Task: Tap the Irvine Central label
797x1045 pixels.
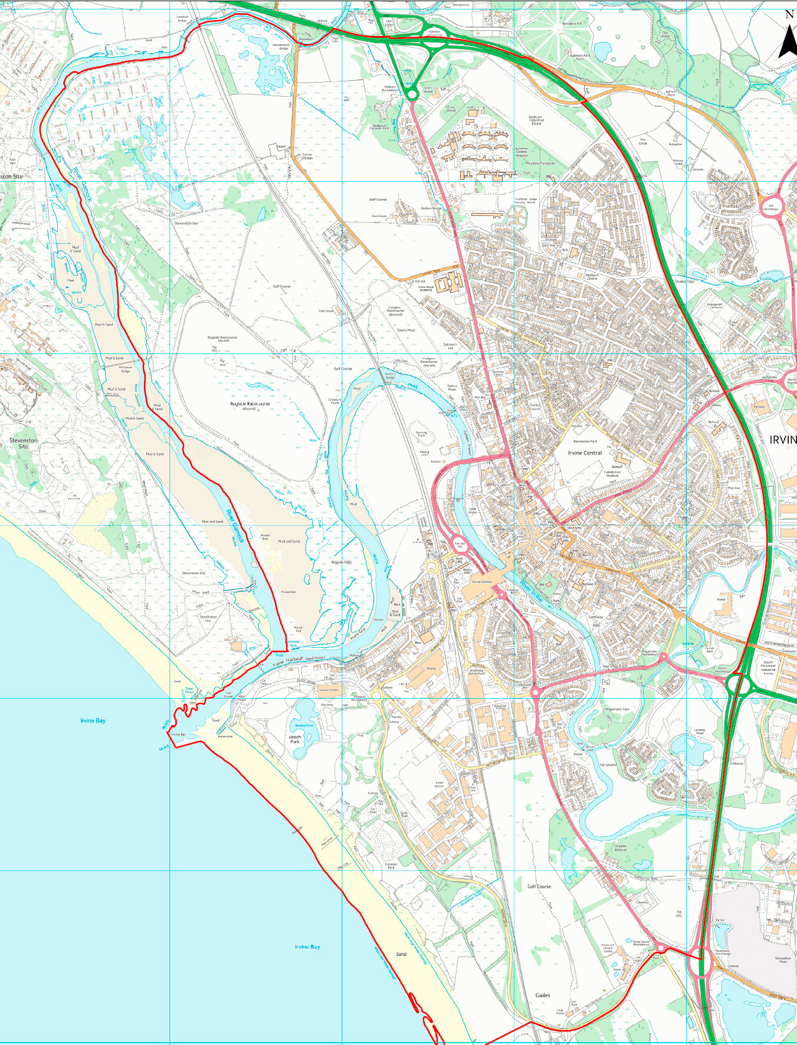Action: [x=585, y=453]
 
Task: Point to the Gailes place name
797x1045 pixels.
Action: [x=543, y=995]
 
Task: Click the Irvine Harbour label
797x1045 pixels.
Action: [x=288, y=661]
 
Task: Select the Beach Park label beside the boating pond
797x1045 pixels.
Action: [x=295, y=739]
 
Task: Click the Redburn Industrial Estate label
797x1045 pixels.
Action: [x=536, y=120]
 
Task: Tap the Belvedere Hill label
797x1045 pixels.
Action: [x=572, y=24]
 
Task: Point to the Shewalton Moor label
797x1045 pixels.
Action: [x=782, y=960]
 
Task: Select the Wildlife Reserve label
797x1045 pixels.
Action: [x=621, y=848]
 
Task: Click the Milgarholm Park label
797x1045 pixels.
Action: [x=617, y=709]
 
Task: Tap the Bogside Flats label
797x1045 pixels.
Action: [x=341, y=562]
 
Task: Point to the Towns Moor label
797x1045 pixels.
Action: [x=406, y=330]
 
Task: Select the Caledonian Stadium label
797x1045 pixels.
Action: [x=612, y=474]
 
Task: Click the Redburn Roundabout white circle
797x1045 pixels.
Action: [x=411, y=94]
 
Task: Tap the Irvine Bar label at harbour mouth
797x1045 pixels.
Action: [x=179, y=735]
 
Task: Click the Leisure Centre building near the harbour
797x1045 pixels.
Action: [x=329, y=690]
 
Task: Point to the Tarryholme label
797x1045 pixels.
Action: [x=608, y=765]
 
